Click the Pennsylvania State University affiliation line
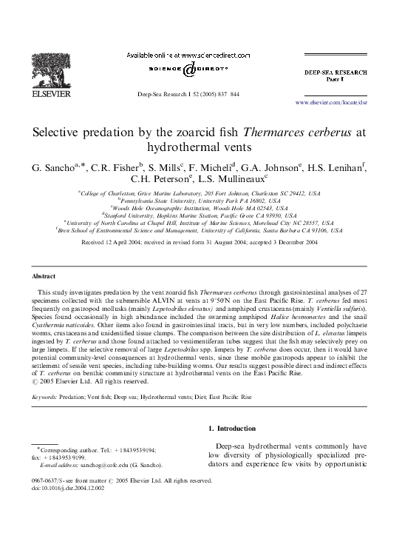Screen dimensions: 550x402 point(201,201)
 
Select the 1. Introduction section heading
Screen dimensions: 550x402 point(232,429)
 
